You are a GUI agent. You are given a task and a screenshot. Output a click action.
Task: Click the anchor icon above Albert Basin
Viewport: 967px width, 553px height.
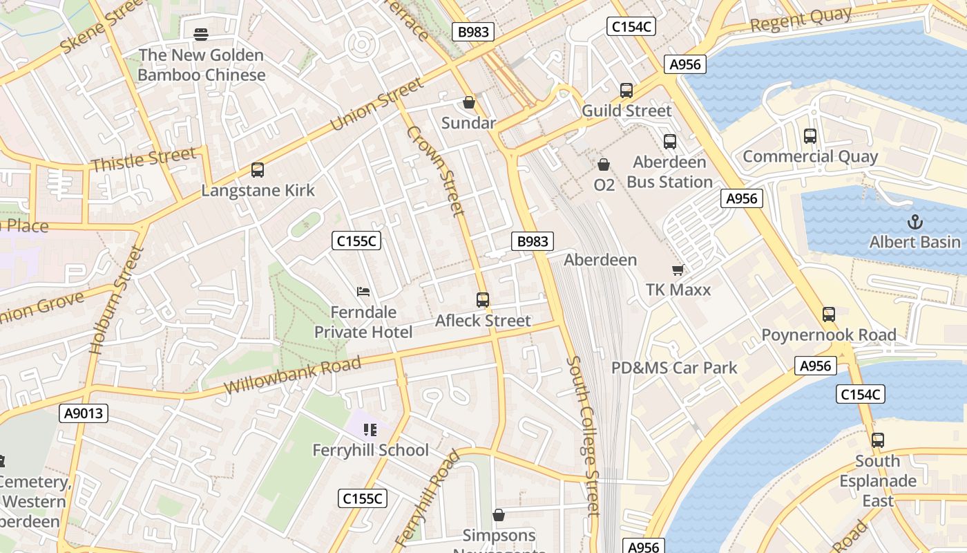[x=915, y=222]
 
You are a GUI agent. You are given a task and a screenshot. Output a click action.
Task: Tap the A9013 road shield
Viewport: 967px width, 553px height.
[x=84, y=413]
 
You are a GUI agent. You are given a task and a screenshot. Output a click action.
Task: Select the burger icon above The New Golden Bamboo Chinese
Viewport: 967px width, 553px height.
[x=201, y=34]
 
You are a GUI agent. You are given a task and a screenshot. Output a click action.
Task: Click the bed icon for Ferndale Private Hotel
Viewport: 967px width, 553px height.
[x=363, y=292]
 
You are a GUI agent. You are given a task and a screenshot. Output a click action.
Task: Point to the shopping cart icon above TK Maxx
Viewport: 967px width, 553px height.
[x=678, y=270]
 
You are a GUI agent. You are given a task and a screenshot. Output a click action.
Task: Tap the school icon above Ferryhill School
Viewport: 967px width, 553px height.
[x=370, y=430]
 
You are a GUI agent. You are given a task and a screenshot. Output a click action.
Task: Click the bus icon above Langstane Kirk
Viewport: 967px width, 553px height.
[x=258, y=170]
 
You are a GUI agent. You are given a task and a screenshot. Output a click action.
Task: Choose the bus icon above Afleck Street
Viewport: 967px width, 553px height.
[x=483, y=300]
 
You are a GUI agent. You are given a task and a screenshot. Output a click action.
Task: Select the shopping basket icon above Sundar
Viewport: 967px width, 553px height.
[x=469, y=102]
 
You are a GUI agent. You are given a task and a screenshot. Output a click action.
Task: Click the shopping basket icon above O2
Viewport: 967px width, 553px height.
[x=604, y=165]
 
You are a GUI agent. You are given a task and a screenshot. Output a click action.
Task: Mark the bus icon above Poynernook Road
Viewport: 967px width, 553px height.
[x=829, y=315]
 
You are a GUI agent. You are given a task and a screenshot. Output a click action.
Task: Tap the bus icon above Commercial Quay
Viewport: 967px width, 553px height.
[x=810, y=136]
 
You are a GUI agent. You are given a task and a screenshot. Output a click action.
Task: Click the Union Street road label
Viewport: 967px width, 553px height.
[x=376, y=104]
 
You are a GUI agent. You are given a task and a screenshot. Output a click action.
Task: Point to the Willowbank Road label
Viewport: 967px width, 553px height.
[x=292, y=376]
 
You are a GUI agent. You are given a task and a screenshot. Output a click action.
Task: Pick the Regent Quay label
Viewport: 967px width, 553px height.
[x=801, y=20]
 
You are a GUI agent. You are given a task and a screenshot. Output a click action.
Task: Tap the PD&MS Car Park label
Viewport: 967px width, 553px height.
[x=674, y=368]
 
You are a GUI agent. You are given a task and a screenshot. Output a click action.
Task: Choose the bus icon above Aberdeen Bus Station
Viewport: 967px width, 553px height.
[x=669, y=142]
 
